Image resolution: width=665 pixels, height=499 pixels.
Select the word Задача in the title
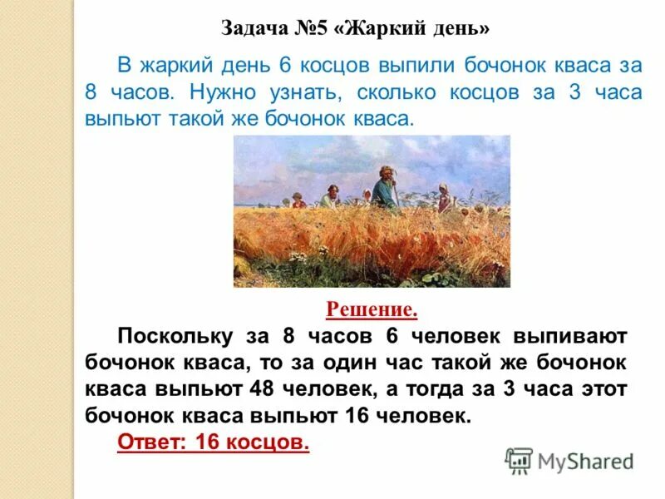(254, 29)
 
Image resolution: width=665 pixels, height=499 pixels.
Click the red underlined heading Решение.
(372, 310)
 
